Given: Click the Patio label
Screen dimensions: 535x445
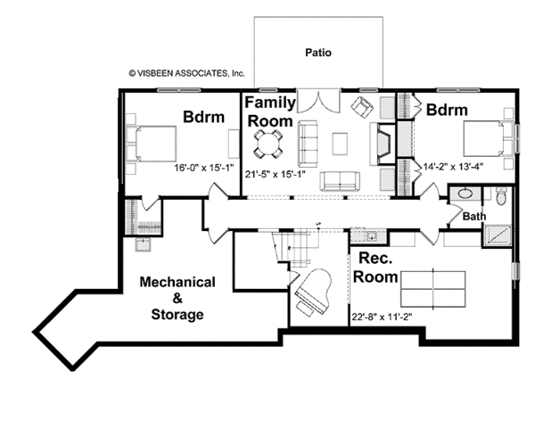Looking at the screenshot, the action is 318,53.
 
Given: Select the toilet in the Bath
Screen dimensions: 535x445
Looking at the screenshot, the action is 501,196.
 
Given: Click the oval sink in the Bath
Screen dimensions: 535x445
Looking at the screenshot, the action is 465,194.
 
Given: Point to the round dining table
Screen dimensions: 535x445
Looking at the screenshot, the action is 267,144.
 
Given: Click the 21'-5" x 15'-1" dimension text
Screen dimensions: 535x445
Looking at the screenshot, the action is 275,175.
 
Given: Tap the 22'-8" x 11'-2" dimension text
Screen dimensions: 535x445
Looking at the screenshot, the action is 382,317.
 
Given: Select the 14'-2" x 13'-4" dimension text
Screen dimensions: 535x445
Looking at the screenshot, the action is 453,167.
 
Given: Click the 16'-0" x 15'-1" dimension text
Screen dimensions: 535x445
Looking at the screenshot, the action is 203,168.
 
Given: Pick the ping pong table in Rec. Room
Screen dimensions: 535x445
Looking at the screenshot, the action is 433,289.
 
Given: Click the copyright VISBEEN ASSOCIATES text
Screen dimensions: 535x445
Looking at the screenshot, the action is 186,73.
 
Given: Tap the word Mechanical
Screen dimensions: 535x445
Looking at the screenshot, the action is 177,282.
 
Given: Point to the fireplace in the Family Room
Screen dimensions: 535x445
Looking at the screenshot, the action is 383,144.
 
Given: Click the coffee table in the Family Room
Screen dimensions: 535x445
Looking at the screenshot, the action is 340,144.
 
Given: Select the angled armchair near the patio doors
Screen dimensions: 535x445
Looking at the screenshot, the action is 362,108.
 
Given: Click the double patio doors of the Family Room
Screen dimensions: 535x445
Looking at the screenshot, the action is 318,101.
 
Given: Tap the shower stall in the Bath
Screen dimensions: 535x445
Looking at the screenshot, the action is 498,235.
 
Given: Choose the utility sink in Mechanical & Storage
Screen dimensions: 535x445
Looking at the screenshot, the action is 143,244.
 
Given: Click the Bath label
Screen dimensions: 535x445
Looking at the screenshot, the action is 474,217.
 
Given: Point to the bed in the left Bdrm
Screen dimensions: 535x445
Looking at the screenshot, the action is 152,144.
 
